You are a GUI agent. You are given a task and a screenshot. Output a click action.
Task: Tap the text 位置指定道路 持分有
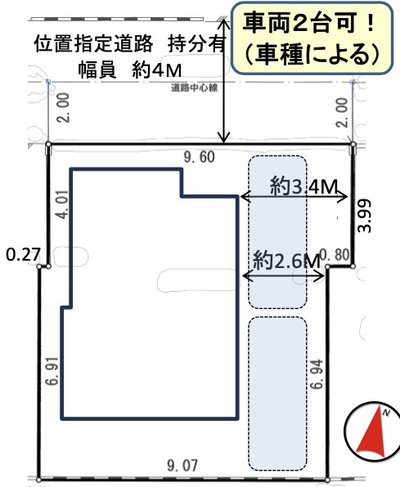[x=130, y=45]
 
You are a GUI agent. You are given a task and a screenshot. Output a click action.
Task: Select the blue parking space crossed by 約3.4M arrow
[x=277, y=231]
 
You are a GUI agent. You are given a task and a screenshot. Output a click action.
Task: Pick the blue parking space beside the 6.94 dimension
[x=277, y=393]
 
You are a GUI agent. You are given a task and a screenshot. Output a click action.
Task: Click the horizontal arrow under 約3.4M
[x=294, y=197]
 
